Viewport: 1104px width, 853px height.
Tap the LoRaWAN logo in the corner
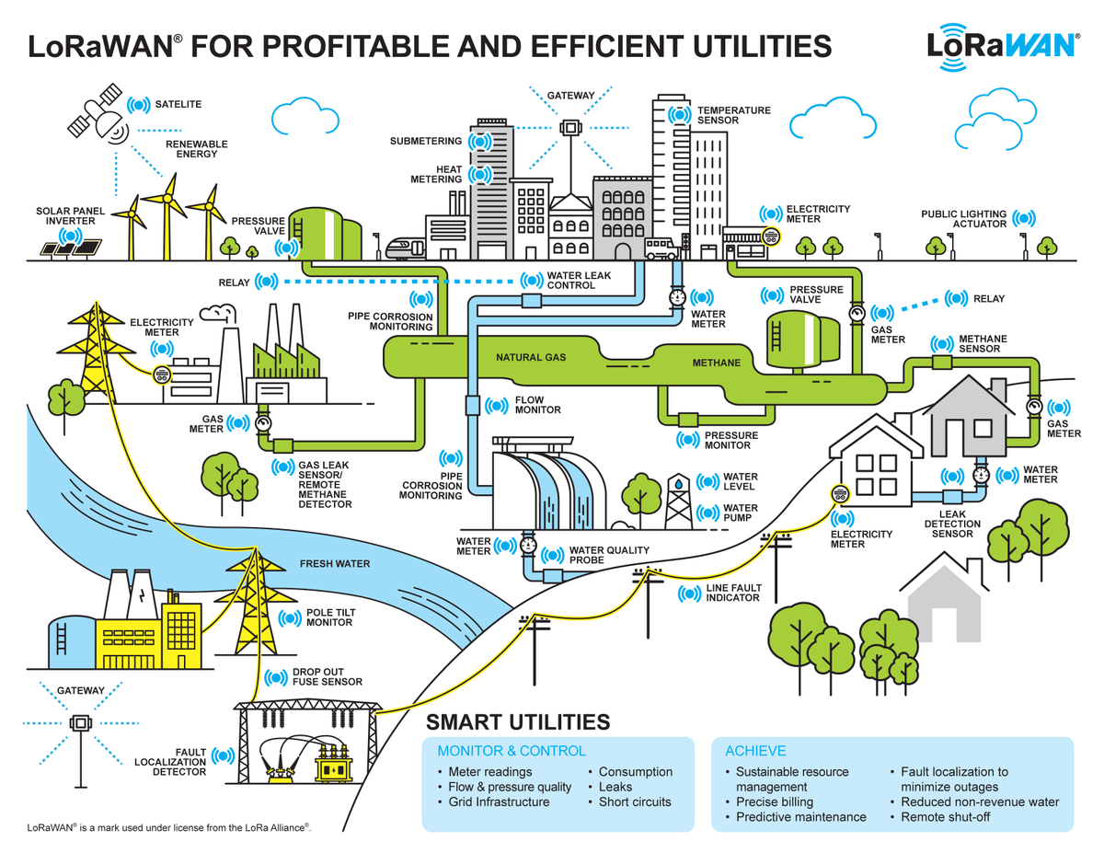(x=1003, y=45)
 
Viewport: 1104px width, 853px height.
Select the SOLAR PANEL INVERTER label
(x=71, y=216)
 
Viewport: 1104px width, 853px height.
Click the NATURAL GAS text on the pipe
(x=531, y=357)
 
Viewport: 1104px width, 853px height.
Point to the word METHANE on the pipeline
(x=716, y=363)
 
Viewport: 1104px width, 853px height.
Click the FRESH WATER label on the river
(x=335, y=564)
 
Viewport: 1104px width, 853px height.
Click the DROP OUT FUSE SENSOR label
(x=328, y=677)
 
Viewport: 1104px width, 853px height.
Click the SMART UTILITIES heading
(x=518, y=721)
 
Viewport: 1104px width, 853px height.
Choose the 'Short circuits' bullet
(x=635, y=801)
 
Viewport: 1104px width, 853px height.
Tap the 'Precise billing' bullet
(x=775, y=801)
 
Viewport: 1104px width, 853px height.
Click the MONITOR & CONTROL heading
(x=512, y=751)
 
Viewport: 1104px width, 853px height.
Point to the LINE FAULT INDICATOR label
(x=732, y=593)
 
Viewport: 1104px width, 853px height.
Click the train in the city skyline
(x=406, y=248)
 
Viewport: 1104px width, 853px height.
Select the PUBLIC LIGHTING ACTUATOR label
(x=963, y=219)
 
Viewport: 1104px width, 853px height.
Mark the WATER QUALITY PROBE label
(x=609, y=555)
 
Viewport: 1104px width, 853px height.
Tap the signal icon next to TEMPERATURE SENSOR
(x=679, y=115)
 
